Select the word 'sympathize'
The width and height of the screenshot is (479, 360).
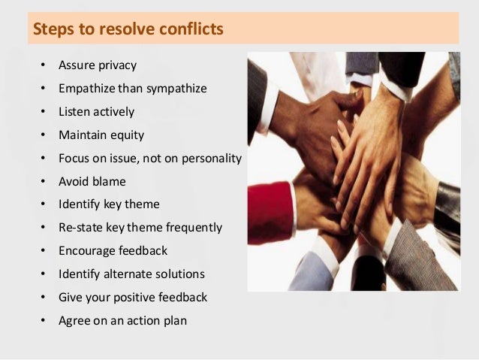tap(174, 89)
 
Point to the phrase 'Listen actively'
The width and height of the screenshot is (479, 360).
tap(97, 112)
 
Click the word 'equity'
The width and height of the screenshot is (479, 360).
tap(127, 135)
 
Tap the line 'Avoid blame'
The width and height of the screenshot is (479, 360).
tap(92, 181)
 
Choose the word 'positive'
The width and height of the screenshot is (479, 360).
tap(135, 297)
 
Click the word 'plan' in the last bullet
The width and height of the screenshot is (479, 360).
tap(174, 320)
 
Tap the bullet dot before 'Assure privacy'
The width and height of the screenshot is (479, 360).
tap(42, 65)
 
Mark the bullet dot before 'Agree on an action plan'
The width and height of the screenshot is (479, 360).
tap(42, 321)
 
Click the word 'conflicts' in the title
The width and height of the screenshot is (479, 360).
tap(190, 31)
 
